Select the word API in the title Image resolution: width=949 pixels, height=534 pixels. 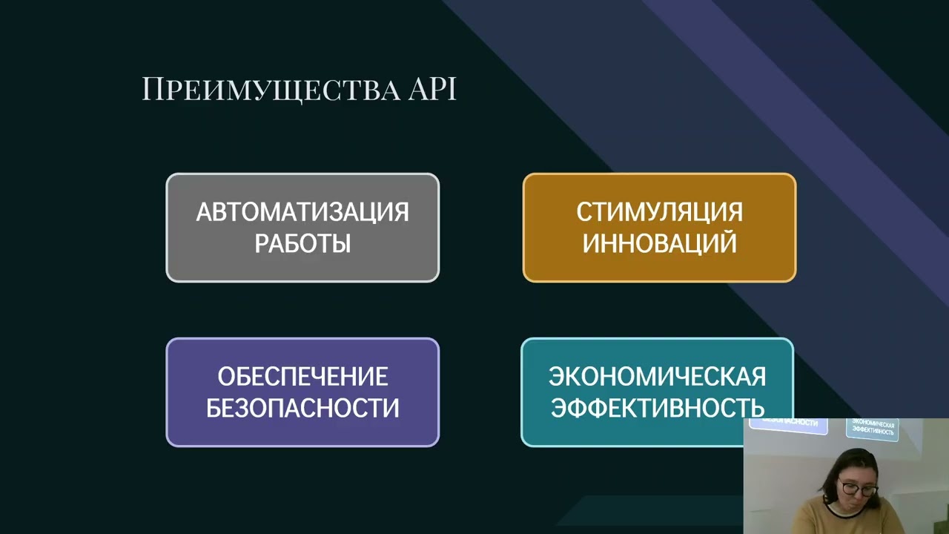click(x=432, y=90)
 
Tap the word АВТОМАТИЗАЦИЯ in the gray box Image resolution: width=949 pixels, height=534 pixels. click(x=302, y=212)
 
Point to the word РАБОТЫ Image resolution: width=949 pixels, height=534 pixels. click(x=302, y=244)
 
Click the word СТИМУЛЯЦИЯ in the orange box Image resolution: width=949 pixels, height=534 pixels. click(x=659, y=212)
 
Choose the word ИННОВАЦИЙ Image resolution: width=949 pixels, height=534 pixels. click(x=659, y=244)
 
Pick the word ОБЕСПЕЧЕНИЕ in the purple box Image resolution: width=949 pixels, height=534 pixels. click(x=302, y=377)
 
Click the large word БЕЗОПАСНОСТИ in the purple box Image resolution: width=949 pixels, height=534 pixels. click(x=302, y=408)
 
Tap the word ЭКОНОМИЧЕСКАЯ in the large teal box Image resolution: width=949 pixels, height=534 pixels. click(x=657, y=377)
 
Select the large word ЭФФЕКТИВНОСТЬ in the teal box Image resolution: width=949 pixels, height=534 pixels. click(x=657, y=408)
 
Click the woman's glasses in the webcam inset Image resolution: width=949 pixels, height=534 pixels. click(x=859, y=489)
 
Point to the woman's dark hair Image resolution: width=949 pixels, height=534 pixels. click(x=853, y=464)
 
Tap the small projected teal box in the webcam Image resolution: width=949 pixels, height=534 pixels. click(x=873, y=429)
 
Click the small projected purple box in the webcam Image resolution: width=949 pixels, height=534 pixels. click(x=788, y=424)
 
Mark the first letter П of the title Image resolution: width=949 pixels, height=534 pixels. click(x=151, y=90)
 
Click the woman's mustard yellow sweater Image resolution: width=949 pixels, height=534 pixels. click(x=823, y=519)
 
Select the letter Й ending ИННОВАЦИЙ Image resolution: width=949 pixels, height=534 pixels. click(x=727, y=243)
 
